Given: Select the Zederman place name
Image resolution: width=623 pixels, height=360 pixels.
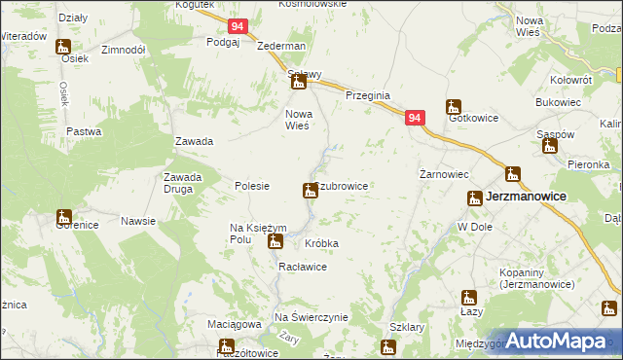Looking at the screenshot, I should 281,46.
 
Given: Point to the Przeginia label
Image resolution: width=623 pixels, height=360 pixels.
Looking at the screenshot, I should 368,95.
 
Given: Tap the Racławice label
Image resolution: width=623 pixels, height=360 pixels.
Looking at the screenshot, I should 301,265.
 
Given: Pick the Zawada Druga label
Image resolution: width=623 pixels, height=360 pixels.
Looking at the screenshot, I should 182,183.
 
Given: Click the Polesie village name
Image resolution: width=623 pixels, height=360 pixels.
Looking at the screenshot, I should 252,185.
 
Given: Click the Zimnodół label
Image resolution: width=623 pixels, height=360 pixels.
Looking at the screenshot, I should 123,49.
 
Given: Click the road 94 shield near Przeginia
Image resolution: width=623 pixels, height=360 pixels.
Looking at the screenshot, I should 416,118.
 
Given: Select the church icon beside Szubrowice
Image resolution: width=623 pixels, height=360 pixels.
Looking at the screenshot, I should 311,190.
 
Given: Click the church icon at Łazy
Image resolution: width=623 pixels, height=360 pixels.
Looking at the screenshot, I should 469,298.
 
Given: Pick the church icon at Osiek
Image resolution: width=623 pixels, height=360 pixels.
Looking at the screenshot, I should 63,46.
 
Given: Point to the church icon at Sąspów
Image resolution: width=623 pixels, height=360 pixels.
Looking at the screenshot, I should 549,147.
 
